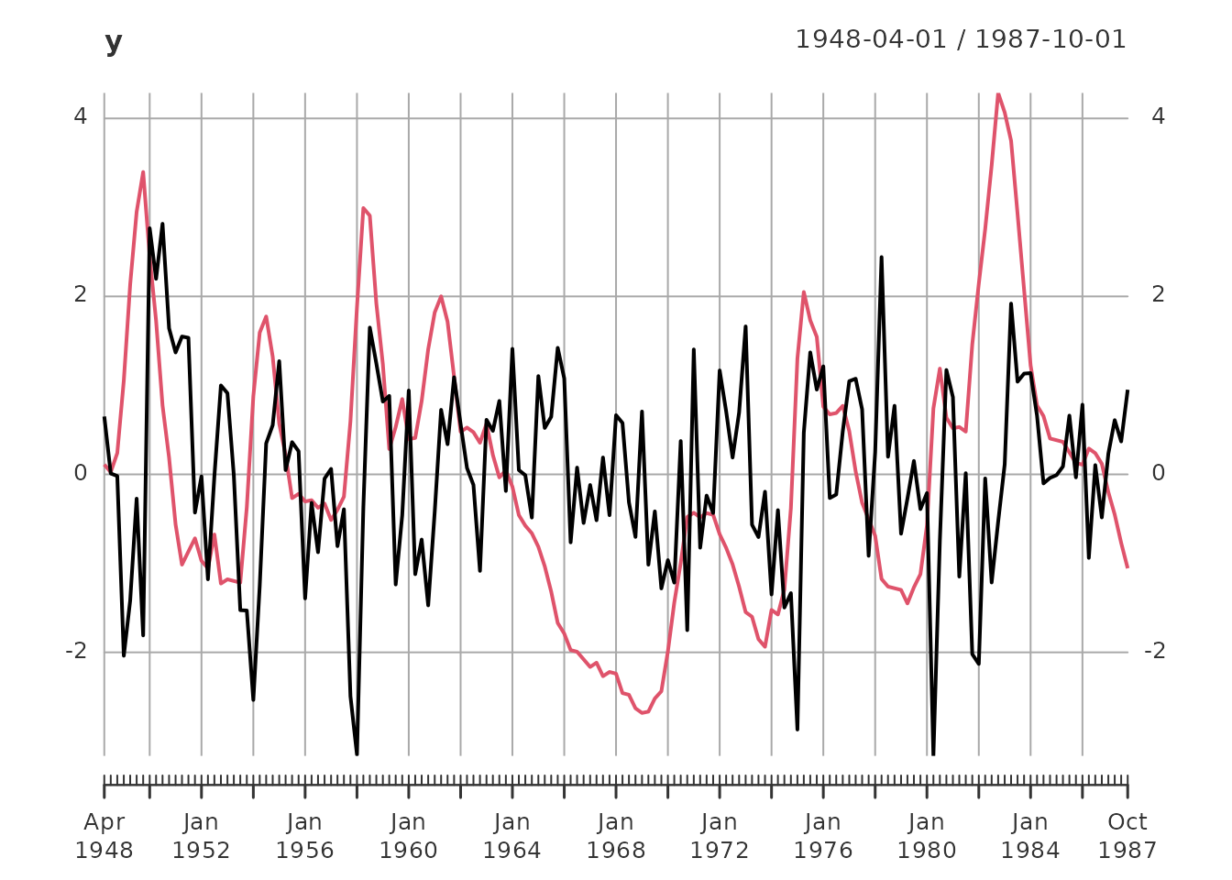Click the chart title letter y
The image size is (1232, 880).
coord(114,42)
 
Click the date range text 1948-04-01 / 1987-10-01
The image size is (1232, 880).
coord(960,39)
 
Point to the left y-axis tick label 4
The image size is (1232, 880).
coord(81,117)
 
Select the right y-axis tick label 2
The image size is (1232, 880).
coord(1158,295)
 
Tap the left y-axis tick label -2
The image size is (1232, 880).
coord(76,651)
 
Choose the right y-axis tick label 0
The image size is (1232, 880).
coord(1158,473)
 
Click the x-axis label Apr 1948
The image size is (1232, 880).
coord(104,836)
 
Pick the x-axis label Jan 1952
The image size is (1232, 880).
coord(201,836)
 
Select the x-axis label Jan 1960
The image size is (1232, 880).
coord(408,836)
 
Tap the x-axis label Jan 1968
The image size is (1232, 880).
coord(616,836)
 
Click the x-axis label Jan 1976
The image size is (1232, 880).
coord(823,836)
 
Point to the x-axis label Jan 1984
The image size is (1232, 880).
coord(1030,836)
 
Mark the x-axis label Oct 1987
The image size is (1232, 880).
coord(1127,836)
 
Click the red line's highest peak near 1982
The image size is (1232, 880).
coord(998,93)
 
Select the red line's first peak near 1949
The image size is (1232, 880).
coord(143,172)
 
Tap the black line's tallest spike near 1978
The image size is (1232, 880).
coord(881,258)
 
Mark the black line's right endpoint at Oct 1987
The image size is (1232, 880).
coord(1127,390)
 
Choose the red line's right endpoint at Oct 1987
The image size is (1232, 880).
coord(1127,567)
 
